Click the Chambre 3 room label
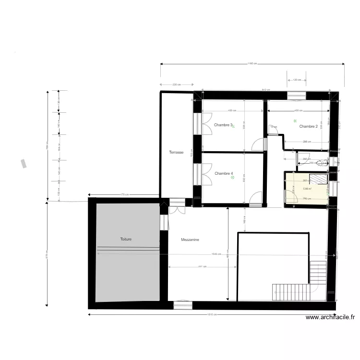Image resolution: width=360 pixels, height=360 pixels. point(223,125)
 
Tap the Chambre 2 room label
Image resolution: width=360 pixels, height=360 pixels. point(308,127)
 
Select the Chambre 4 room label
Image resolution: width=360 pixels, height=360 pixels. point(224,173)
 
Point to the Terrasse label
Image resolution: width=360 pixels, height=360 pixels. point(176,152)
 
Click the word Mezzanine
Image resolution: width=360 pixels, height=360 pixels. point(190,240)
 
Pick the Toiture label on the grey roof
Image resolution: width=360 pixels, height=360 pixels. point(126,239)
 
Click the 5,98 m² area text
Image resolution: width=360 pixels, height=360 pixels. point(307,189)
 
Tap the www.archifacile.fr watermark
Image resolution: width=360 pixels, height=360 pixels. point(330,317)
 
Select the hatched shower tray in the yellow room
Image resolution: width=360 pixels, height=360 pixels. point(317,179)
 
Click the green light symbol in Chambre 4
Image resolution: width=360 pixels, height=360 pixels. point(233,178)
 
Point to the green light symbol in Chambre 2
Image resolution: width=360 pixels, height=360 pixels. point(295,121)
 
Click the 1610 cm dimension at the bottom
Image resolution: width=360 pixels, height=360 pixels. point(212,315)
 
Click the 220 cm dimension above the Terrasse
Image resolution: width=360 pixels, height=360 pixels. point(176,84)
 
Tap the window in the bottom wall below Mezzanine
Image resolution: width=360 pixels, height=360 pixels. point(182,304)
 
